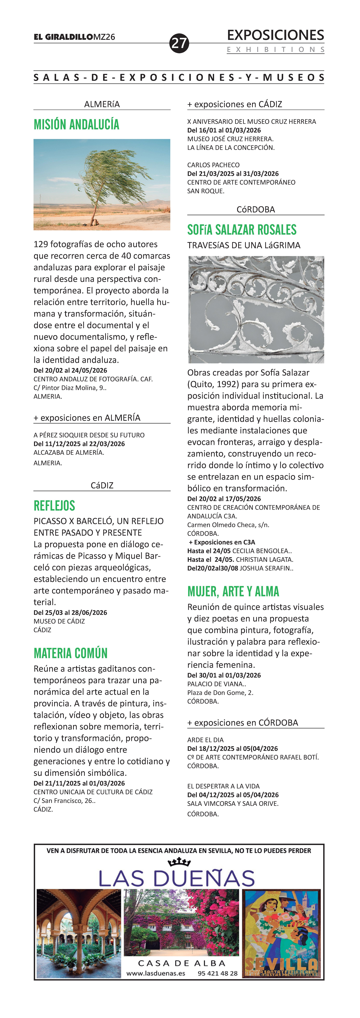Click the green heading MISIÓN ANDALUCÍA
[x=76, y=125]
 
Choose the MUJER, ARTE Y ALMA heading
[x=233, y=591]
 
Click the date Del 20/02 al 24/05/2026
[x=70, y=370]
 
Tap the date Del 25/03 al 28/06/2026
[x=70, y=613]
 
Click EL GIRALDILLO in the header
[x=63, y=37]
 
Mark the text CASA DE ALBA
[x=182, y=963]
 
